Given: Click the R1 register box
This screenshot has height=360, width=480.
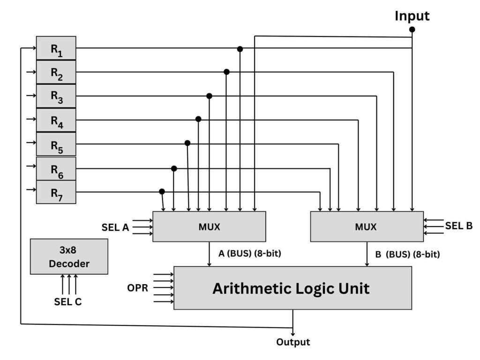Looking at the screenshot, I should click(x=56, y=48).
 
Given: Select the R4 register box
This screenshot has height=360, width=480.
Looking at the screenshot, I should click(x=56, y=120).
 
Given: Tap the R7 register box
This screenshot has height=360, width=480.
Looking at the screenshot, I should click(x=56, y=192).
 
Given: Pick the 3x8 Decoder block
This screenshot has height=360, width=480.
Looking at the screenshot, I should click(x=69, y=256).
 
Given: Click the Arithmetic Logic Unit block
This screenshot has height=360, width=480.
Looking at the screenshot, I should click(x=292, y=288).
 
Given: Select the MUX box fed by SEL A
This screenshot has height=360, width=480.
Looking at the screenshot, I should click(x=209, y=227).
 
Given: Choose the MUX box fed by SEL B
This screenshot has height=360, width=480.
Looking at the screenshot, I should click(x=367, y=227).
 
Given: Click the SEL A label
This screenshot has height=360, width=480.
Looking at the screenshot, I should click(x=115, y=227).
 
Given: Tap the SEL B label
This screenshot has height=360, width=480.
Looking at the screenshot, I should click(x=459, y=225).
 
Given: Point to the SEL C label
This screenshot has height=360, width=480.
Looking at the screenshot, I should click(x=68, y=302).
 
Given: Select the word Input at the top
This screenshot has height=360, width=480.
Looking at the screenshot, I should click(x=412, y=15).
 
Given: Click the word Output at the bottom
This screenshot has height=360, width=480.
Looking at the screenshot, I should click(x=293, y=342).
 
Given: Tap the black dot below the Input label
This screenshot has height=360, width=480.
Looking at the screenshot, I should click(x=412, y=30).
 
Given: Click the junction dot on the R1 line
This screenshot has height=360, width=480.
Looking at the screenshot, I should click(x=240, y=49).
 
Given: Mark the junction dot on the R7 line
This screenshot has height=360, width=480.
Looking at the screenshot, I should click(x=162, y=192).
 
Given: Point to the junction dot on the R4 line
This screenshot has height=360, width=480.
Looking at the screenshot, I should click(x=198, y=120).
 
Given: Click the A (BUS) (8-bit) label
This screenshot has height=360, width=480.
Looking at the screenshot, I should click(x=250, y=254).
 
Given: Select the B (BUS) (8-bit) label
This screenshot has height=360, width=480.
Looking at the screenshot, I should click(x=407, y=255).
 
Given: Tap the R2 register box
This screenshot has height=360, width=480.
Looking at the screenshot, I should click(x=56, y=72).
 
